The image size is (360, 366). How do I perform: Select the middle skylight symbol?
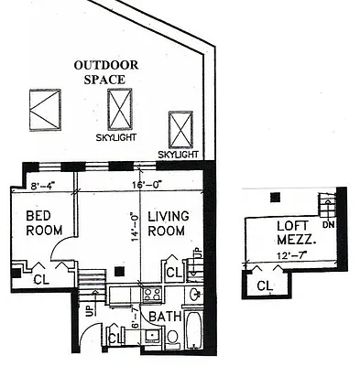click(x=119, y=110)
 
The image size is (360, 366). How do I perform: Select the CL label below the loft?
click(x=264, y=285)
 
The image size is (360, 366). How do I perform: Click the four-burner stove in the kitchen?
click(x=153, y=295)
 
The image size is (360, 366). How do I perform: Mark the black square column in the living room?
click(x=120, y=270)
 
